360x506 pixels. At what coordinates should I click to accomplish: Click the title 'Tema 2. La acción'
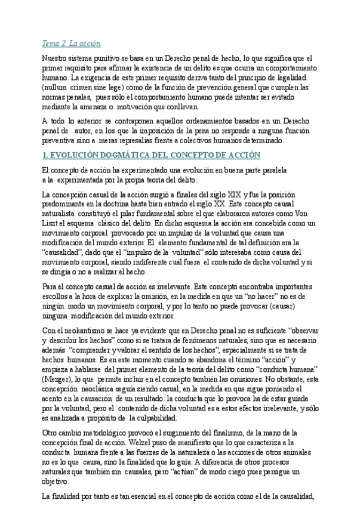[x=71, y=44]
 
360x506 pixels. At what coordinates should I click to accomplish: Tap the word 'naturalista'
[x=61, y=214]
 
